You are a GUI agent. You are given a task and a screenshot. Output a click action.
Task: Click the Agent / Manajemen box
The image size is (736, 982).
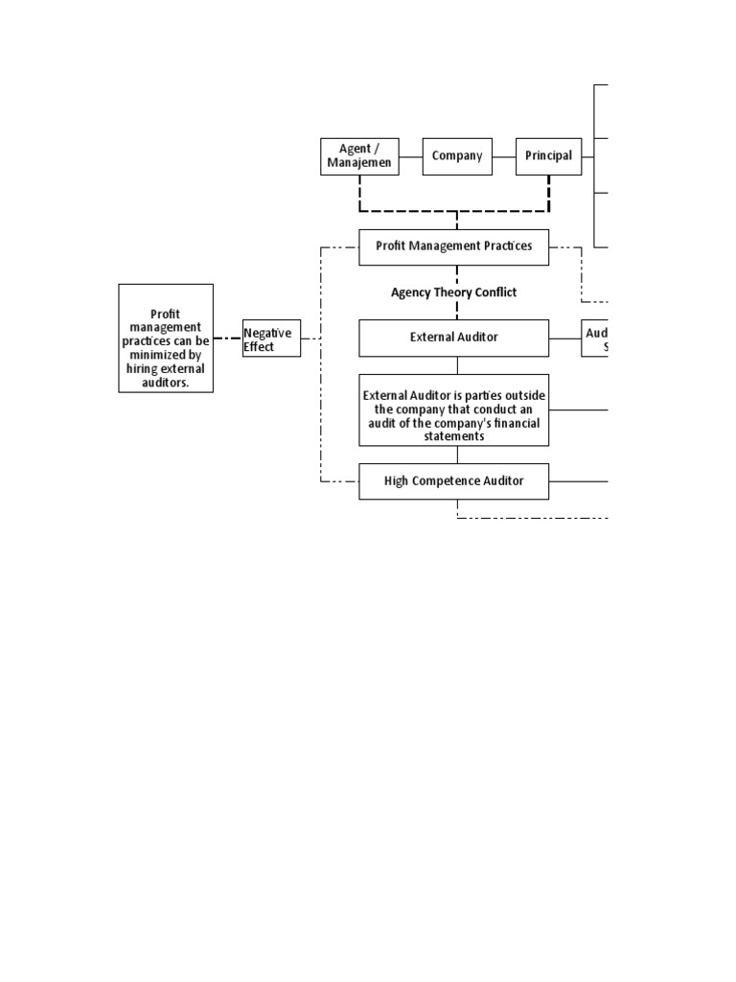[358, 156]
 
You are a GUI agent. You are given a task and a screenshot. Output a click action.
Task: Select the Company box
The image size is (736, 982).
[457, 156]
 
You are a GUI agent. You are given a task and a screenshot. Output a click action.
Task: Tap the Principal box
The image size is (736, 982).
[548, 156]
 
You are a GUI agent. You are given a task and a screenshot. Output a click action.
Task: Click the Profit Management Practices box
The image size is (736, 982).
[454, 246]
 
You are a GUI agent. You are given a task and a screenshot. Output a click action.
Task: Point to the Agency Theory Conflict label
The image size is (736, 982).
[454, 292]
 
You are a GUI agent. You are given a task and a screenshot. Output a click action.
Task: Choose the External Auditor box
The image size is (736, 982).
[454, 338]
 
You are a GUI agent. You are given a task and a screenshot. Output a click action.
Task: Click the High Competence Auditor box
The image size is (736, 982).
[454, 480]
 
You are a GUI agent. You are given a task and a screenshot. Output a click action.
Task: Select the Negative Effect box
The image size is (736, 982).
[271, 339]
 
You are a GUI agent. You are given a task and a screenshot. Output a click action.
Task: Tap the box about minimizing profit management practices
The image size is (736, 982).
[166, 338]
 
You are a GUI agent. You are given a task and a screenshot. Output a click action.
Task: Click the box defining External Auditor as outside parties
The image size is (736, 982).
[454, 409]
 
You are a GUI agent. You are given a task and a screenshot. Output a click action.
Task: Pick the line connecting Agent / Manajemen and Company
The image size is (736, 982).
[410, 156]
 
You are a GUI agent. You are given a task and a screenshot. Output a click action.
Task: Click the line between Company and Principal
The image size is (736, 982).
[504, 156]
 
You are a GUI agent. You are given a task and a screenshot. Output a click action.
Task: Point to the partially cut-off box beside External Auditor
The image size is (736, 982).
[594, 339]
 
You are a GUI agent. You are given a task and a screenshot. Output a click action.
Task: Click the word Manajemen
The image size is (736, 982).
[358, 163]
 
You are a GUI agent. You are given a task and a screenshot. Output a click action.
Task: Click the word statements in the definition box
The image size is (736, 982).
[454, 436]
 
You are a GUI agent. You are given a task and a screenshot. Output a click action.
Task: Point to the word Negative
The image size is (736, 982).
[267, 333]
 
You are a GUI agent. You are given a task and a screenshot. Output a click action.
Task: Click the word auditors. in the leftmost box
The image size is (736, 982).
[166, 381]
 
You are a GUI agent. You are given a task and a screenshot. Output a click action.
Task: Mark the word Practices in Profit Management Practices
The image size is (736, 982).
[505, 246]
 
